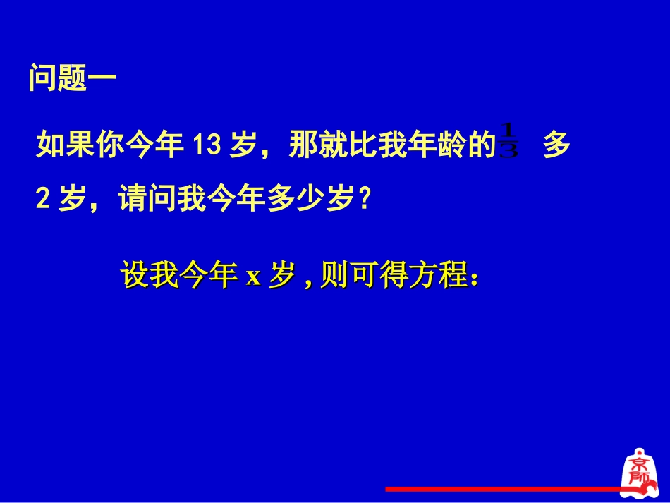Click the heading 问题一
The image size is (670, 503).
[71, 78]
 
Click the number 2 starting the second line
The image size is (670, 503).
[42, 201]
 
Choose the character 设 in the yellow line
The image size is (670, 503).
[135, 276]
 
